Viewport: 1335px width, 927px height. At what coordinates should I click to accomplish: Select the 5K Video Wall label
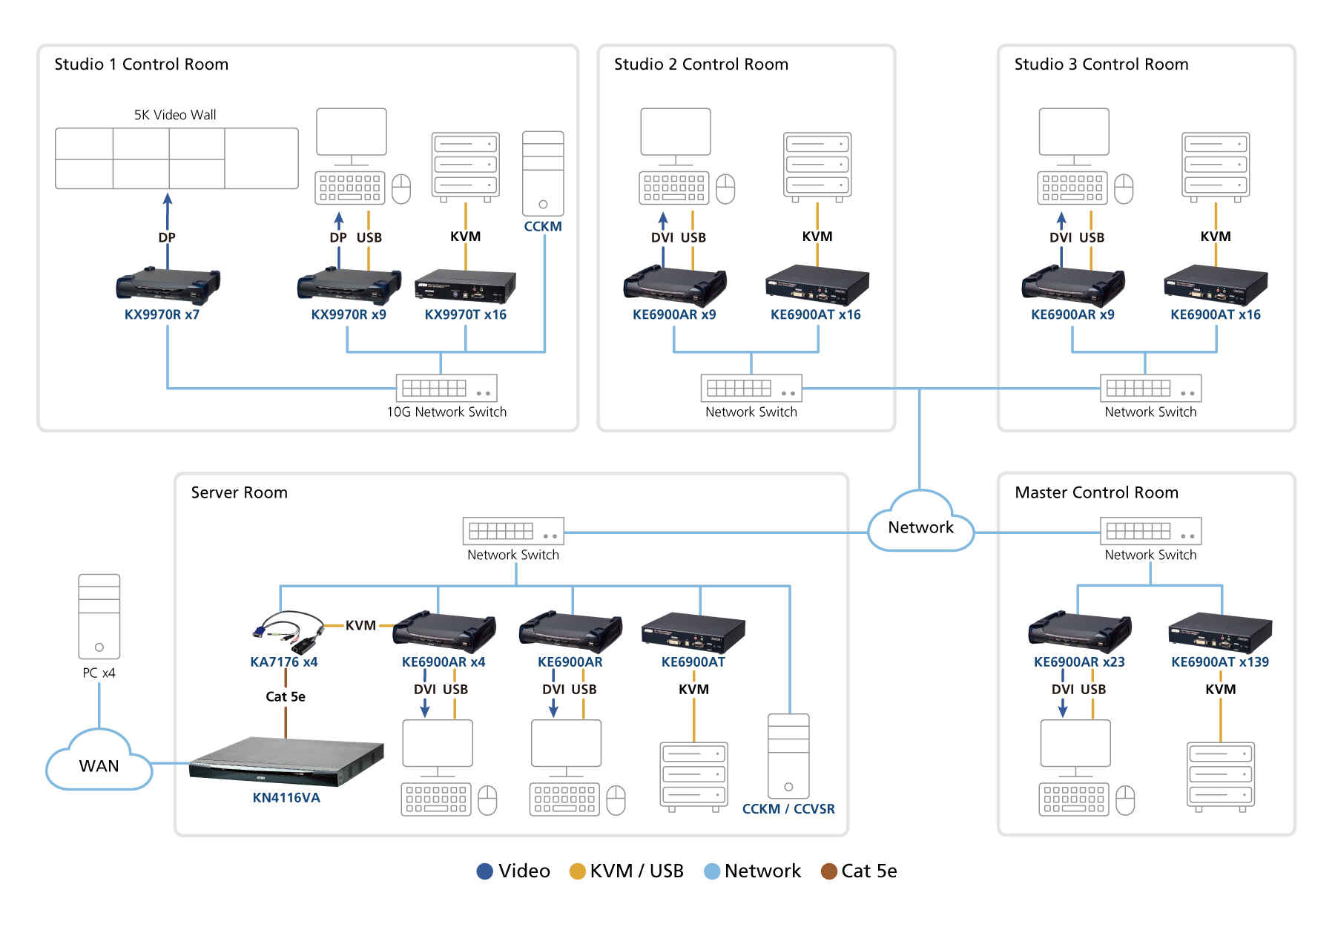[x=175, y=115]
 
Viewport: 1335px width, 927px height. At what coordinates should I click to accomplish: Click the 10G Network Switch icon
[x=446, y=388]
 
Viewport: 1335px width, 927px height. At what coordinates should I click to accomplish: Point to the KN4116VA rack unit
[x=286, y=760]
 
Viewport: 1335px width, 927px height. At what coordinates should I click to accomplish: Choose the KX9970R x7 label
[x=162, y=314]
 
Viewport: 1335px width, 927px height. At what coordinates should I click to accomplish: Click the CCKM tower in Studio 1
[x=543, y=174]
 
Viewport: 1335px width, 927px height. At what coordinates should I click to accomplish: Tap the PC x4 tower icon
[x=99, y=616]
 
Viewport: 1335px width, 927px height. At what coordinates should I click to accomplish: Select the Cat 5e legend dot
[x=829, y=871]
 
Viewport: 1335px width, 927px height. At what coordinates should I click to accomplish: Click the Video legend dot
[x=485, y=871]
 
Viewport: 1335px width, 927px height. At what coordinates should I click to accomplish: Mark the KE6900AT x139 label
[x=1220, y=662]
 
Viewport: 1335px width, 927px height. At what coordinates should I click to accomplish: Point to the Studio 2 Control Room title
[x=701, y=65]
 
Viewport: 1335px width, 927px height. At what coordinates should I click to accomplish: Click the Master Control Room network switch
[x=1150, y=531]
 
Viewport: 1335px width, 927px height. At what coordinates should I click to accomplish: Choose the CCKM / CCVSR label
[x=788, y=809]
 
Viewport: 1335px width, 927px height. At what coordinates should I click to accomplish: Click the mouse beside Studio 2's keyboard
[x=725, y=189]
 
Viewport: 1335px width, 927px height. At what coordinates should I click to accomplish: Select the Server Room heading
[x=239, y=492]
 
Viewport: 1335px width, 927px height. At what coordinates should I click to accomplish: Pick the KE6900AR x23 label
[x=1079, y=662]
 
